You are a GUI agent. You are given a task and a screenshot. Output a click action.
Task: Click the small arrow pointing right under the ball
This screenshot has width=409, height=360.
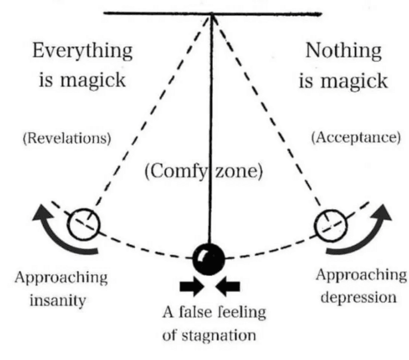(191, 287)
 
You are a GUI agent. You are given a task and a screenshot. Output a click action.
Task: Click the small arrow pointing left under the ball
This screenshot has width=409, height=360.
(228, 287)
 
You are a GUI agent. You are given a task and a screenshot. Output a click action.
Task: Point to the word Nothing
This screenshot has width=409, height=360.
(343, 51)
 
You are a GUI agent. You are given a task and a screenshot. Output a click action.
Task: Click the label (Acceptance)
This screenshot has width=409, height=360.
(356, 139)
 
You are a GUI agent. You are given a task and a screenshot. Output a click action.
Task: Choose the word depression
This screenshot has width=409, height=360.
(359, 297)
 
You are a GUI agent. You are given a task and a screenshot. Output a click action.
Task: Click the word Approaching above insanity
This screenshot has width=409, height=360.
(61, 278)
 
